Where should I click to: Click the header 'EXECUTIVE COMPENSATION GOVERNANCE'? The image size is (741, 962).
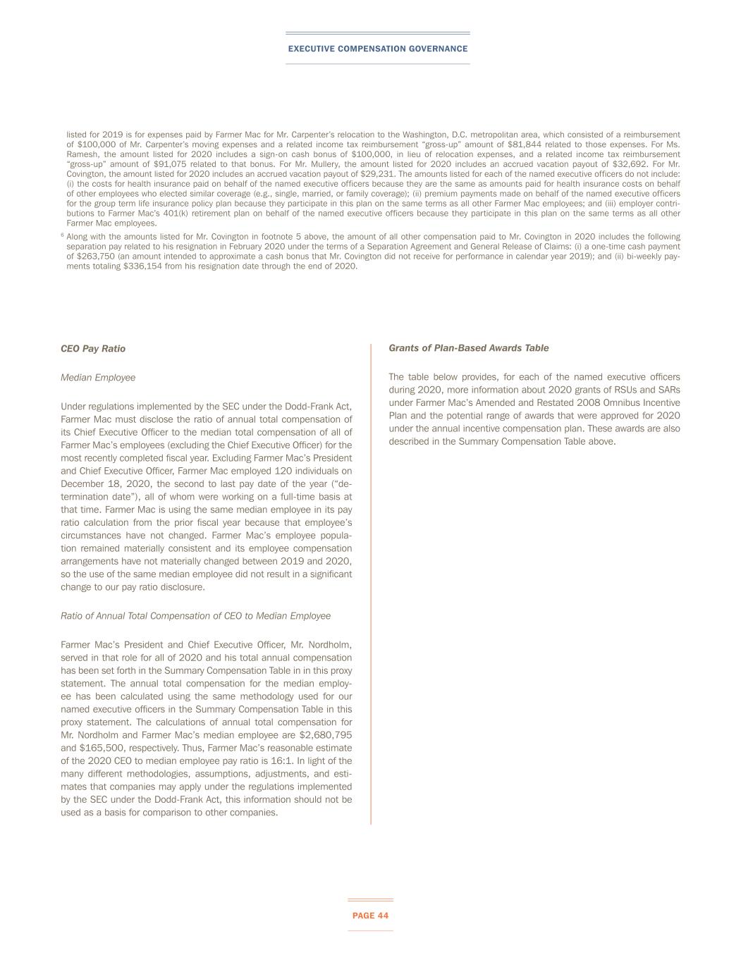point(377,49)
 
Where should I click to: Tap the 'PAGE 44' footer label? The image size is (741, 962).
point(370,915)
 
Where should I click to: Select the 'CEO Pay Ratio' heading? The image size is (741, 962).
point(93,348)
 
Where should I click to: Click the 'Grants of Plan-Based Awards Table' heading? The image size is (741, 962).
point(468,348)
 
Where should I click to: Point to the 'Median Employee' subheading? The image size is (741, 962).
point(98,378)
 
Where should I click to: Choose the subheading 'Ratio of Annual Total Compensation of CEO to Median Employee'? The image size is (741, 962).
point(195,616)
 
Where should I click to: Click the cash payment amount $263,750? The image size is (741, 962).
point(97,257)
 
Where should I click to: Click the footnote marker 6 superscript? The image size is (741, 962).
point(62,235)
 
